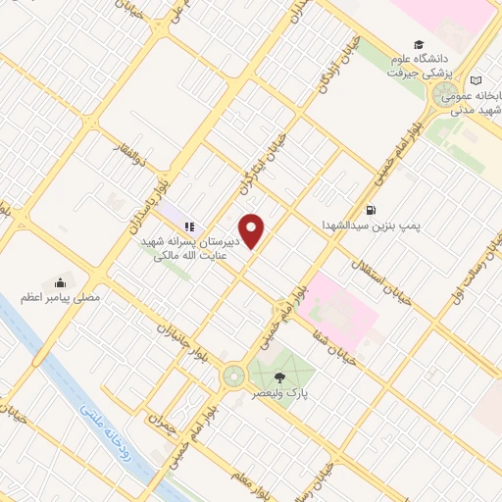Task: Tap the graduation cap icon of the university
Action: pos(420,45)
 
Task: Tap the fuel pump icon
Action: pos(370,209)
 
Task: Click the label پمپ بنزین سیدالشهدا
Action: pos(371,225)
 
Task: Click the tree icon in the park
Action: pos(280,376)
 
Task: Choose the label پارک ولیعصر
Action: pos(280,392)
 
